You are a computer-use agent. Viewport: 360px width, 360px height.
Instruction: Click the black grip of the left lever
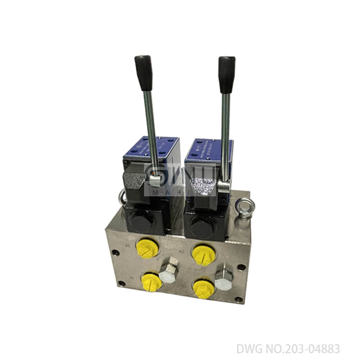(143, 72)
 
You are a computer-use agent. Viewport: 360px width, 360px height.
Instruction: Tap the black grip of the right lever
(227, 74)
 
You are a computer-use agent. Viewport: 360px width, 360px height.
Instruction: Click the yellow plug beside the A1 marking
(147, 248)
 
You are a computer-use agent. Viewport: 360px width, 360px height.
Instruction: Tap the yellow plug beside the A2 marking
(204, 254)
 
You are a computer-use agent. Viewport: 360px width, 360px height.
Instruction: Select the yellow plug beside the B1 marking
(152, 281)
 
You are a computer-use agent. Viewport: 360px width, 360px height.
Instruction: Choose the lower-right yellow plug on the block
(204, 289)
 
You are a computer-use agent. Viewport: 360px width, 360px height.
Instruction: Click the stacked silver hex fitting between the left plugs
(169, 271)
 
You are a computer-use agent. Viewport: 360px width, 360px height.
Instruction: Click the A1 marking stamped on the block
(128, 245)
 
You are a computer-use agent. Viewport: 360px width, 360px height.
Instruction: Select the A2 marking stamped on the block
(181, 251)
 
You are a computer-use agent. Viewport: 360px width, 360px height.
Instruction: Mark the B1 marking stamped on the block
(132, 277)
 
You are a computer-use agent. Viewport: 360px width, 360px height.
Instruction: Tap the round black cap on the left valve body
(142, 220)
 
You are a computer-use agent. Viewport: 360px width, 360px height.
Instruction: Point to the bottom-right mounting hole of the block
(239, 300)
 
